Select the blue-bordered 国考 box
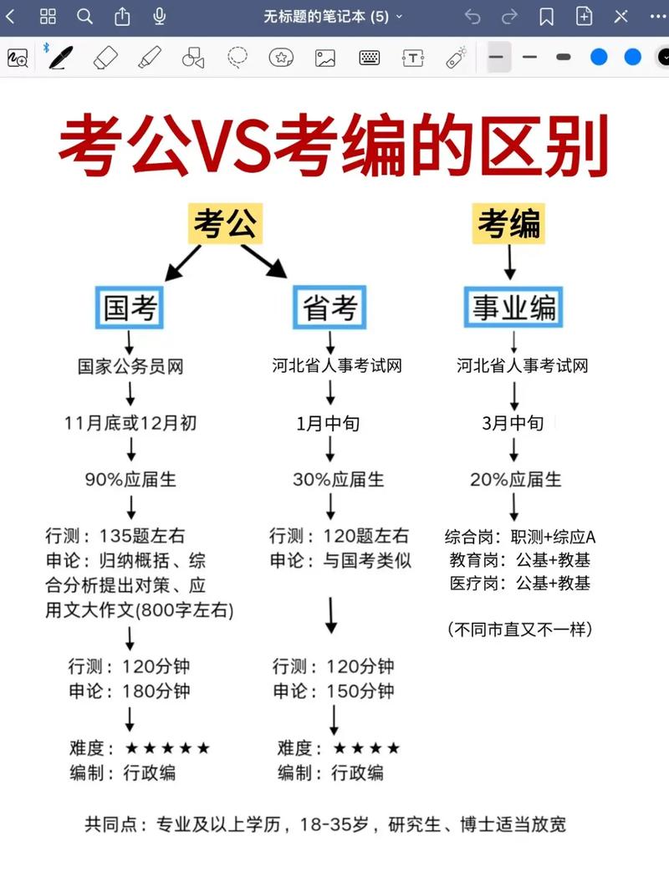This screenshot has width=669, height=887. tap(130, 308)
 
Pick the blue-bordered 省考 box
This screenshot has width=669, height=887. tap(330, 308)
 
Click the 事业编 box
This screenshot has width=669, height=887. tap(513, 308)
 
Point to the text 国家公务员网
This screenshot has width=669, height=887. tap(130, 366)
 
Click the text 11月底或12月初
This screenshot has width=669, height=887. tap(130, 423)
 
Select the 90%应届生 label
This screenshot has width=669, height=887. tap(130, 480)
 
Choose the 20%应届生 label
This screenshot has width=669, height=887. tap(515, 480)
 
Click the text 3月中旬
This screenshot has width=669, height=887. tap(513, 423)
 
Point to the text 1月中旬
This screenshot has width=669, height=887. tap(329, 423)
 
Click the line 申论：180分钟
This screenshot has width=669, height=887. tap(130, 691)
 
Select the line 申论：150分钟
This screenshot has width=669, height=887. tap(334, 691)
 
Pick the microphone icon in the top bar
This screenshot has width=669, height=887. tap(160, 17)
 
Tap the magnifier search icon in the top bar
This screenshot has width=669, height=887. tap(85, 17)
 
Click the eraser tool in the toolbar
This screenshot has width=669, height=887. tap(106, 58)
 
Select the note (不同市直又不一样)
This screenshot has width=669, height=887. tap(520, 629)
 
